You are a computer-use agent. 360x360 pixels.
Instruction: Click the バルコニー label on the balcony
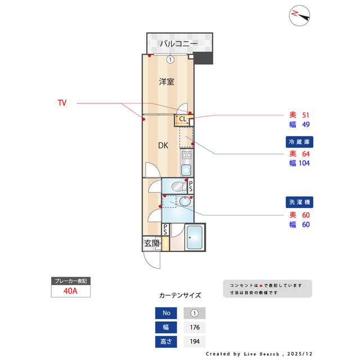(x=178, y=43)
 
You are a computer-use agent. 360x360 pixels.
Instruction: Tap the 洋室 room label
(x=166, y=82)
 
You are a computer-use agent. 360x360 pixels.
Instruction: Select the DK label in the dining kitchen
(x=163, y=146)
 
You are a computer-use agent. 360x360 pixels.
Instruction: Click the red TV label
(x=62, y=103)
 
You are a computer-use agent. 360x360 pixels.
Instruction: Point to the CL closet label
(x=183, y=119)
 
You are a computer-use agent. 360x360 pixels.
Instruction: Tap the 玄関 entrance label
(x=151, y=244)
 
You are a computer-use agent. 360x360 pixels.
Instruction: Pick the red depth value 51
(x=305, y=114)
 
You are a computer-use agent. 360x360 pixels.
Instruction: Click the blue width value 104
(x=304, y=163)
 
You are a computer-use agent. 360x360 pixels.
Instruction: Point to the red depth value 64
(x=305, y=153)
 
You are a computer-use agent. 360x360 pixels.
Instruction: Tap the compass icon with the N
(x=300, y=16)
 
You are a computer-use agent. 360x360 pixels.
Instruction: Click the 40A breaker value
(x=70, y=291)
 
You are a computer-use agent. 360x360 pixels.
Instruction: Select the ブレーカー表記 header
(x=70, y=281)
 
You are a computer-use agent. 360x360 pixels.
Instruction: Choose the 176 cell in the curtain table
(x=195, y=327)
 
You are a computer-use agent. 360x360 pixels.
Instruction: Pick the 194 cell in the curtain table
(x=195, y=341)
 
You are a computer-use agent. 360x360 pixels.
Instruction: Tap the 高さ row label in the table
(x=166, y=341)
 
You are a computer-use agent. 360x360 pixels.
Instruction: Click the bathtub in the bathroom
(x=195, y=238)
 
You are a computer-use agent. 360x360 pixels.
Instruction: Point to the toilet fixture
(x=177, y=186)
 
